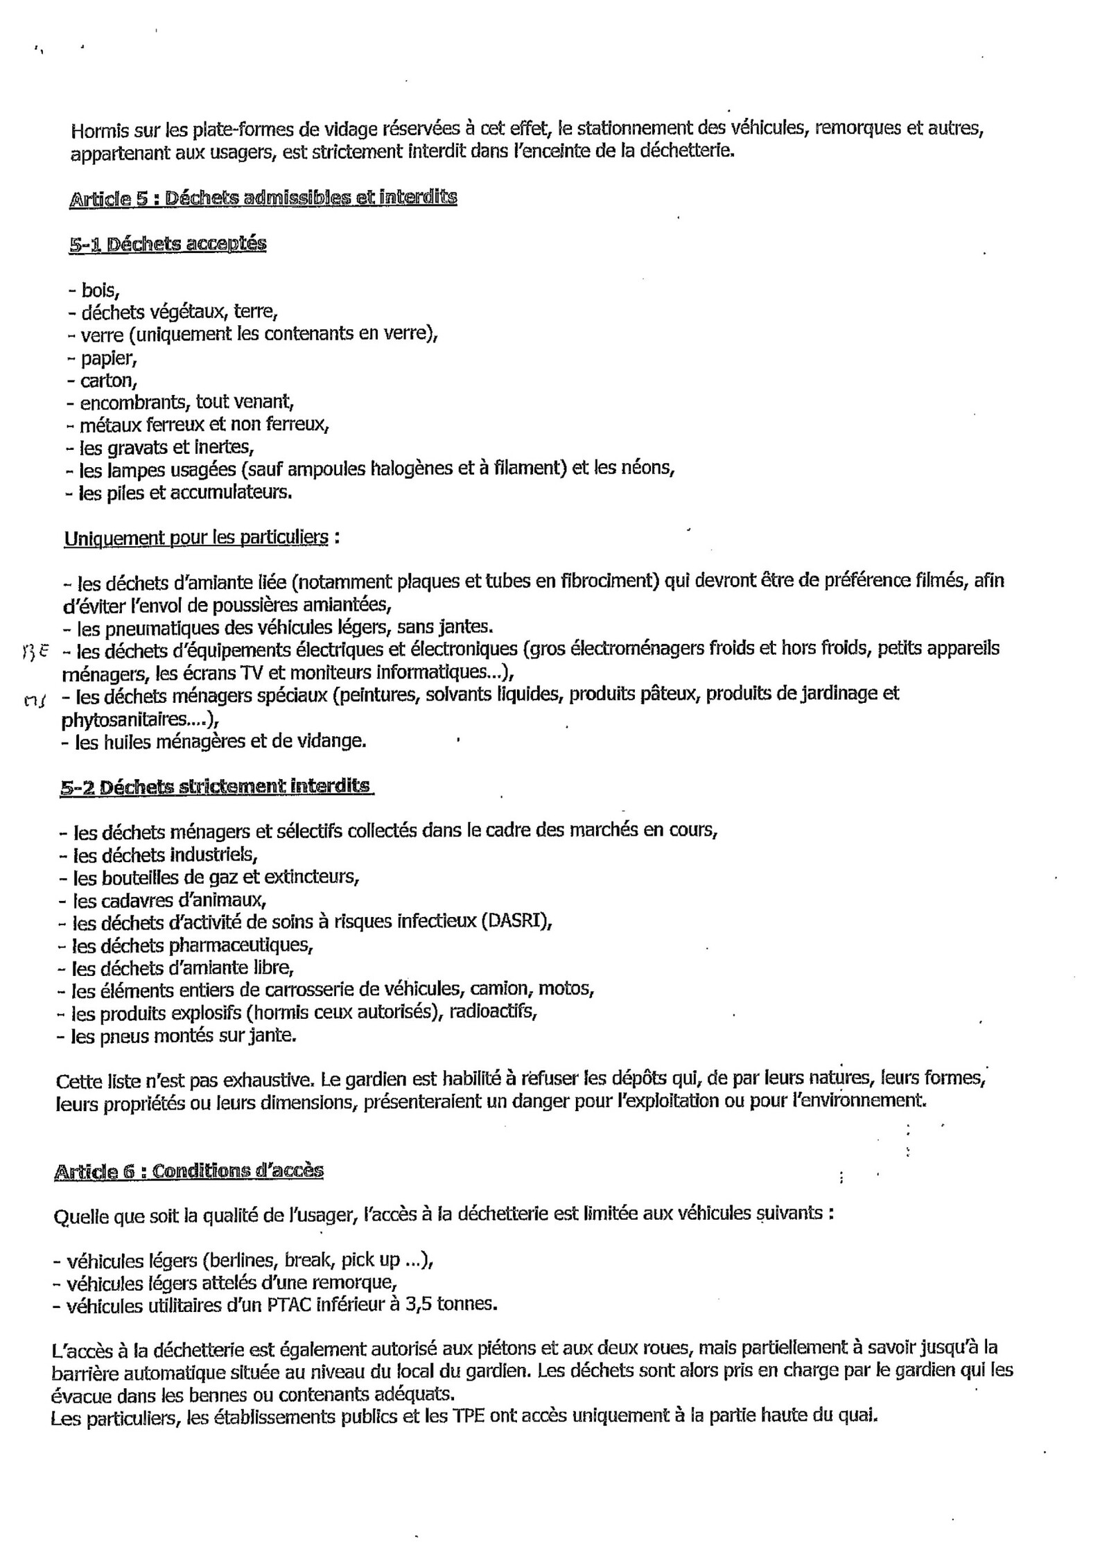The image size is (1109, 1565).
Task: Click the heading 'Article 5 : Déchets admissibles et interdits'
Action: [263, 198]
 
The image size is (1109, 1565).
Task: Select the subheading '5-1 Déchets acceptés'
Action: [168, 244]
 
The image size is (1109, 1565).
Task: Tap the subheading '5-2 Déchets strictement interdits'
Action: [216, 787]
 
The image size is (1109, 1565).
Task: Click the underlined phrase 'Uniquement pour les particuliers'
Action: [196, 538]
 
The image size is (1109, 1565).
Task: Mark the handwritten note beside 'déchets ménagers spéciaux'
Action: [33, 700]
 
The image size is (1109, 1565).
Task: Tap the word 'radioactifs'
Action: [493, 1011]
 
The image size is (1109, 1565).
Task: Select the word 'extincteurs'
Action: [321, 877]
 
